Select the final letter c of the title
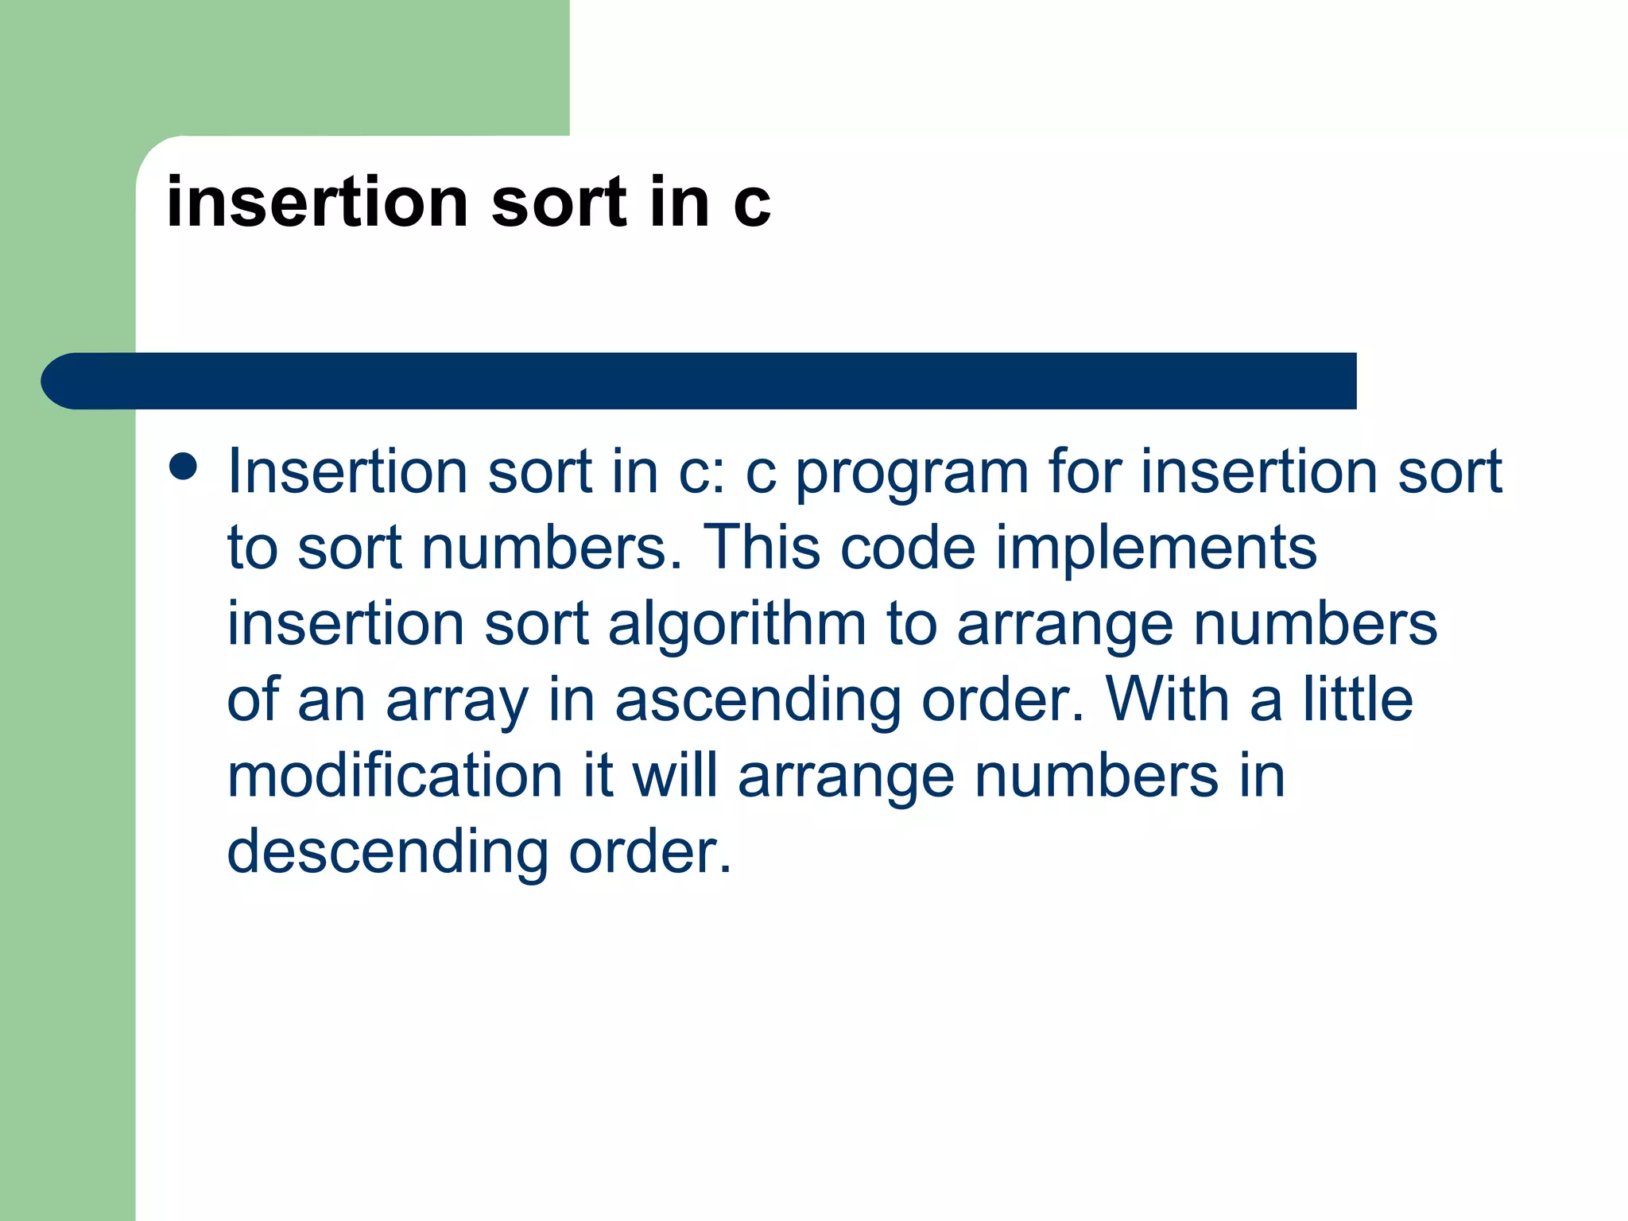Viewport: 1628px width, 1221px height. point(751,205)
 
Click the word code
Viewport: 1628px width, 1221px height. point(907,548)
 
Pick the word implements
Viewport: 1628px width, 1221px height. point(1156,548)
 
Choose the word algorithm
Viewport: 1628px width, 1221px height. point(737,624)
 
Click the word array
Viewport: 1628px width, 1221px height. point(456,701)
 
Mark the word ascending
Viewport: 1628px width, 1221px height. point(758,701)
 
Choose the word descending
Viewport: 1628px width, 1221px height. point(387,852)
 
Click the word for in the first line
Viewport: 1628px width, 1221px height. point(1084,471)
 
